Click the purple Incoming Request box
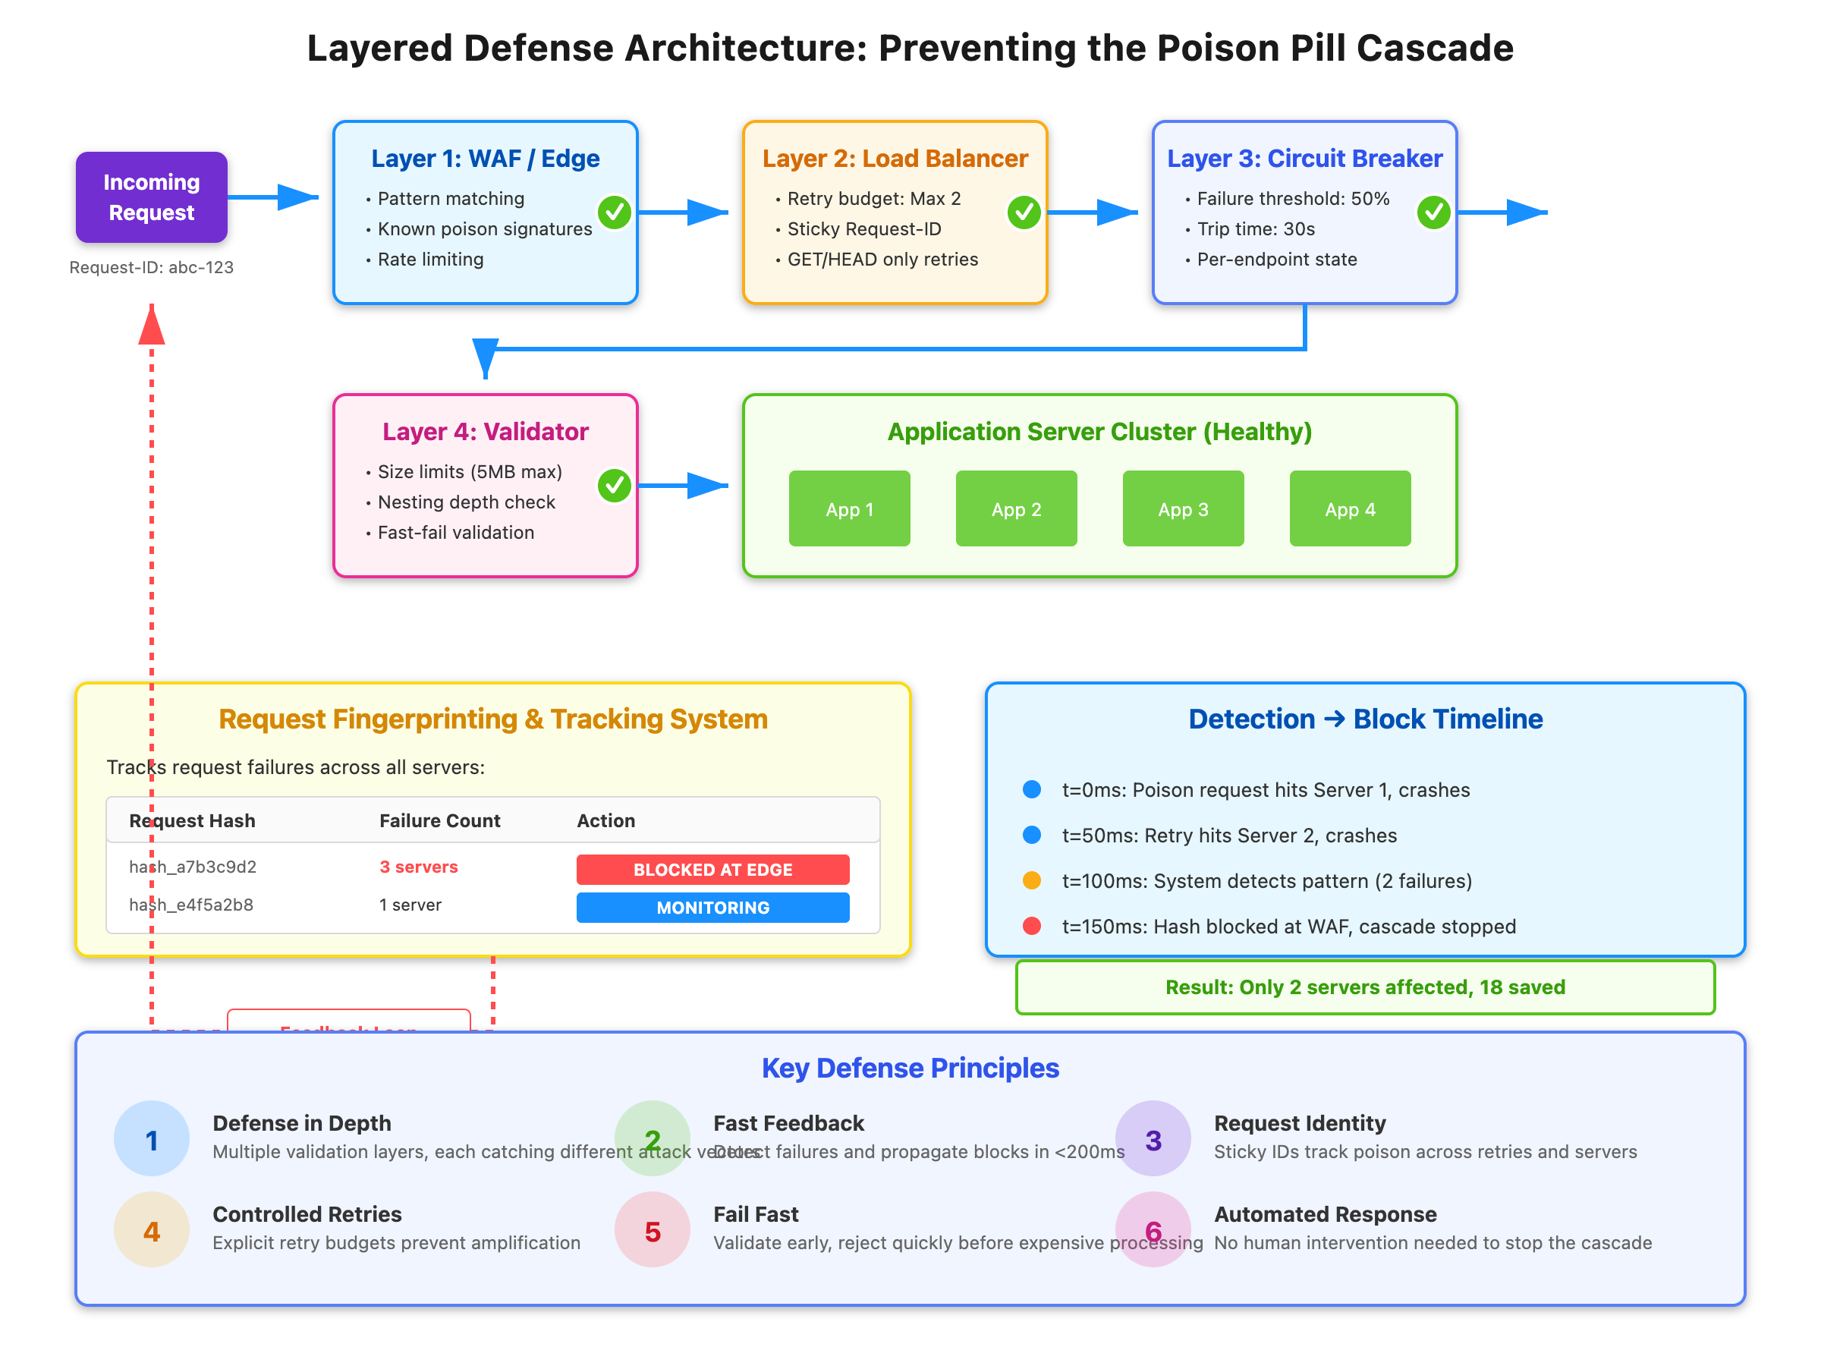[152, 197]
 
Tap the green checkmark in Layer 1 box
[614, 212]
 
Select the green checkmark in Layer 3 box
[1433, 212]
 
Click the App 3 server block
[1183, 509]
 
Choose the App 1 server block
[849, 509]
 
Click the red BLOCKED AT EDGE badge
[712, 870]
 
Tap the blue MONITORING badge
[712, 908]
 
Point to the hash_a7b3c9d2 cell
[193, 867]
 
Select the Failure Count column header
[439, 821]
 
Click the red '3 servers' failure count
[418, 867]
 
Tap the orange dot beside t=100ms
[1031, 881]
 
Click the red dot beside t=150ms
[1031, 927]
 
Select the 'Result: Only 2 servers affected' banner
[1365, 987]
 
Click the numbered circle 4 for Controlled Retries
[152, 1230]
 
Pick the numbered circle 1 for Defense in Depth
[152, 1140]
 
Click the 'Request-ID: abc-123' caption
[152, 268]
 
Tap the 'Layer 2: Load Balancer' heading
[895, 158]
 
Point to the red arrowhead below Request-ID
[152, 326]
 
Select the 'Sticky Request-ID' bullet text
[863, 229]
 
